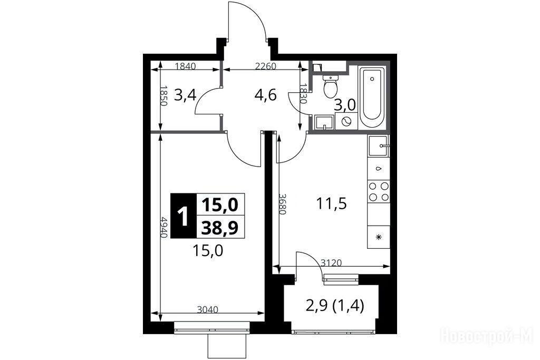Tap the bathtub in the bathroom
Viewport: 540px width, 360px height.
coord(372,98)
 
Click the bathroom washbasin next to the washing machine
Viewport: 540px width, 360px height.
coord(324,123)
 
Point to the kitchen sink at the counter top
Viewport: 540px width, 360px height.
coord(379,146)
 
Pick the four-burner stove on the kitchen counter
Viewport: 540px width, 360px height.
coord(379,192)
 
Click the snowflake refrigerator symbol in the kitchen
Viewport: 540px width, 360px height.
coord(379,237)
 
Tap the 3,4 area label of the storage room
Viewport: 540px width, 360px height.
coord(185,95)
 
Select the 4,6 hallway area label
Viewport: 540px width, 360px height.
coord(265,95)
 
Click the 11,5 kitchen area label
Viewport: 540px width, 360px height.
coord(332,204)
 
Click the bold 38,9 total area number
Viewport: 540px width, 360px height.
coord(220,228)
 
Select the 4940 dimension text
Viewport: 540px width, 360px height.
coord(164,227)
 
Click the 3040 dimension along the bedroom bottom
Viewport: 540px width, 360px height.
coord(208,309)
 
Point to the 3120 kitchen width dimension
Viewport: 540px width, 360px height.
coord(331,263)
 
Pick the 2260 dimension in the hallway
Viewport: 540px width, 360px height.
coord(266,66)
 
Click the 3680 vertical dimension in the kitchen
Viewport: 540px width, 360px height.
coord(283,204)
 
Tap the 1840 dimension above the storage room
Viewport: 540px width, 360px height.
coord(185,66)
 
